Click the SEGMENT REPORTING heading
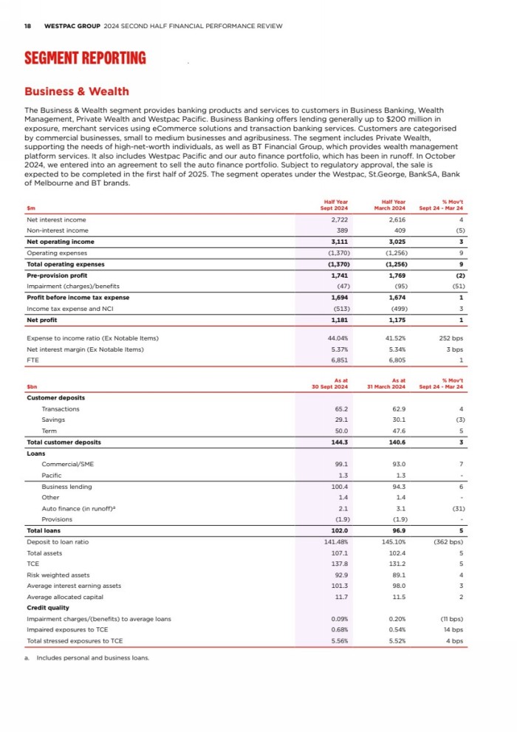pos(85,58)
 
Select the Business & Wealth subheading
pos(77,92)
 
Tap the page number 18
pos(27,26)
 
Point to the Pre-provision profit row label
pos(57,275)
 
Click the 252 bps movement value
pos(451,338)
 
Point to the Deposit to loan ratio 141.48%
pos(336,541)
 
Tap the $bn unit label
pos(32,386)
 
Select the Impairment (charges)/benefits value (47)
pos(339,286)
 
